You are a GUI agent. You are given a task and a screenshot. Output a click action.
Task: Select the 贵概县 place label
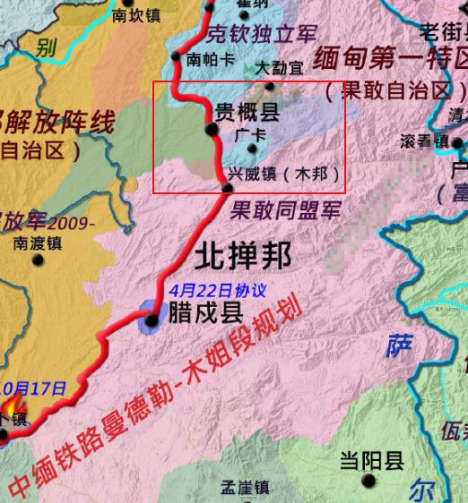coord(247,112)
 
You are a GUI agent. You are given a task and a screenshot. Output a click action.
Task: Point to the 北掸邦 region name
coord(243,257)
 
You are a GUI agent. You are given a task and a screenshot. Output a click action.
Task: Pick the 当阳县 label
coord(371,462)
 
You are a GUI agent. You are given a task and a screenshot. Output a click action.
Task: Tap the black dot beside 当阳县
coord(369,482)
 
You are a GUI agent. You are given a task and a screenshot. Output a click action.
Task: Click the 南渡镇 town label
coord(37,242)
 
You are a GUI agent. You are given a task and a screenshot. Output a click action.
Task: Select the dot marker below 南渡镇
coord(38,260)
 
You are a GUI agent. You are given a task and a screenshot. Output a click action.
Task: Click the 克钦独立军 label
coord(262,35)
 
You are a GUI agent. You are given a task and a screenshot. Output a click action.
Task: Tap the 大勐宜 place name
coord(279,68)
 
